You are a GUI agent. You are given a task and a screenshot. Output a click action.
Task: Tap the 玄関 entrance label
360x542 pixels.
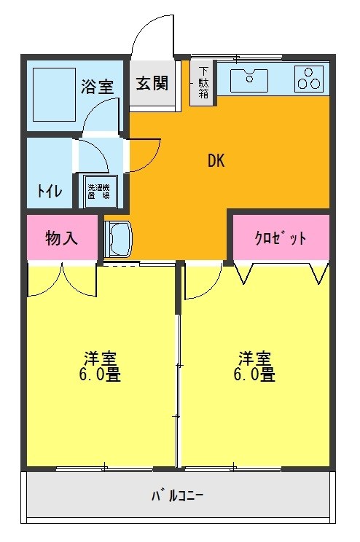coord(152,82)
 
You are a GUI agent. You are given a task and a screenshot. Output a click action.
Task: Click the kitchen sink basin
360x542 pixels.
coord(250,77)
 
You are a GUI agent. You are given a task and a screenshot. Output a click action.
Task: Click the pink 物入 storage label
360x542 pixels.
coord(61,238)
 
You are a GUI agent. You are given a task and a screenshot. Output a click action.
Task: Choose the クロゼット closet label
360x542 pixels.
coord(280,238)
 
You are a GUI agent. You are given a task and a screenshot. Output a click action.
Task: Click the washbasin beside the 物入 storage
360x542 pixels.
coord(117,238)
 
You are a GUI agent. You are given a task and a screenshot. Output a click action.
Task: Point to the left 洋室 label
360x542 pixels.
coord(101,358)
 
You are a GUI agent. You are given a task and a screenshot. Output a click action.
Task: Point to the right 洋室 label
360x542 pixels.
coord(256,358)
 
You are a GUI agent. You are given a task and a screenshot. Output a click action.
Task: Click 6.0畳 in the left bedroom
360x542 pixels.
coord(101,376)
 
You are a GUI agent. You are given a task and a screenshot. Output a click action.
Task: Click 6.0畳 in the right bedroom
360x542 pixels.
coord(256,376)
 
